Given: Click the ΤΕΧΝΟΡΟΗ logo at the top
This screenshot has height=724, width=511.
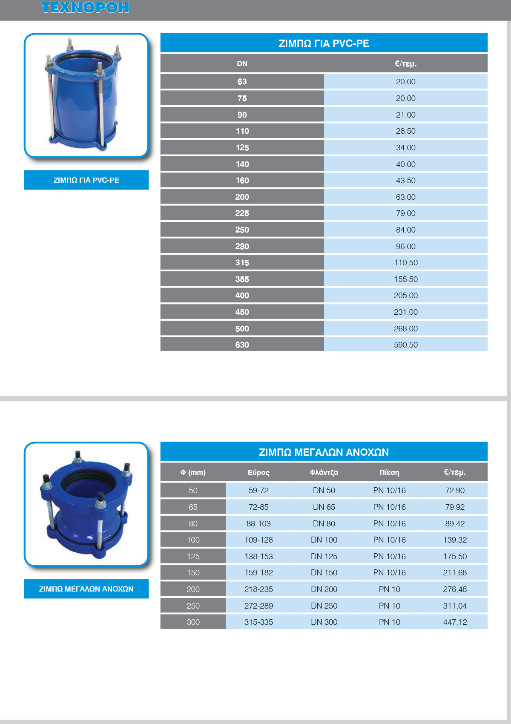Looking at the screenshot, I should [x=85, y=8].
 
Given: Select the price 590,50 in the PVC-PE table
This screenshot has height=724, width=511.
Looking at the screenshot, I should [x=405, y=345].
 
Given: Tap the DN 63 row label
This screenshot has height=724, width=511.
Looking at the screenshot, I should [x=242, y=82].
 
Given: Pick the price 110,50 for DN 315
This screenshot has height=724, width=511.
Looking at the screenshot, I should [x=405, y=263].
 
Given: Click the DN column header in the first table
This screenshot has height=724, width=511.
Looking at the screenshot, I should [x=242, y=64].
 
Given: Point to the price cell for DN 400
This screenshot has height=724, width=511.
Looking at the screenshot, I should [x=405, y=296].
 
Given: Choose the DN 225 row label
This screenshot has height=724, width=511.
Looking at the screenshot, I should [x=242, y=213].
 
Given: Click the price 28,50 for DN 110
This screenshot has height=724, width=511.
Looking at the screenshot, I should [x=405, y=131].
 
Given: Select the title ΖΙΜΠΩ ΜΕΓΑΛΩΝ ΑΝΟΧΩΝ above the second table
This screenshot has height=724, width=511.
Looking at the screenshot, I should [x=324, y=452].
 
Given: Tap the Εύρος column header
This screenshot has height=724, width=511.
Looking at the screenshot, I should [x=258, y=472].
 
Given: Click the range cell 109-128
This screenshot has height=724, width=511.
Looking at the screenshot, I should [x=258, y=540].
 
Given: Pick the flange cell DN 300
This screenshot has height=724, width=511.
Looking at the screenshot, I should [x=324, y=622].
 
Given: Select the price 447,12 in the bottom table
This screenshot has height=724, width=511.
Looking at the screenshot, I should [x=455, y=622].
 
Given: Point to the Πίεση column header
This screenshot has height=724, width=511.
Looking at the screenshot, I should [x=389, y=472].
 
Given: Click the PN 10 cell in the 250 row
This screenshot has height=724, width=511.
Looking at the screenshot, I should [x=389, y=606].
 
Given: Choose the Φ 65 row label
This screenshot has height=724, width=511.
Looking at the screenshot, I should [x=193, y=507].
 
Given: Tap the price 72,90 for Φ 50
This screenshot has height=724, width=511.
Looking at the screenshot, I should [x=455, y=491].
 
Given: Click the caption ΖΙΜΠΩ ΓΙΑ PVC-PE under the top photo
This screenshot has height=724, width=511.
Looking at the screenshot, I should [x=86, y=180].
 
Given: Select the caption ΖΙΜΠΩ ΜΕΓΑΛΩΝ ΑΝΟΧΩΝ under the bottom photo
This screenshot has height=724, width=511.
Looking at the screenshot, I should [x=86, y=589].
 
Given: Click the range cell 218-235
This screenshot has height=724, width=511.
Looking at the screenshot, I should [x=258, y=589].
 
